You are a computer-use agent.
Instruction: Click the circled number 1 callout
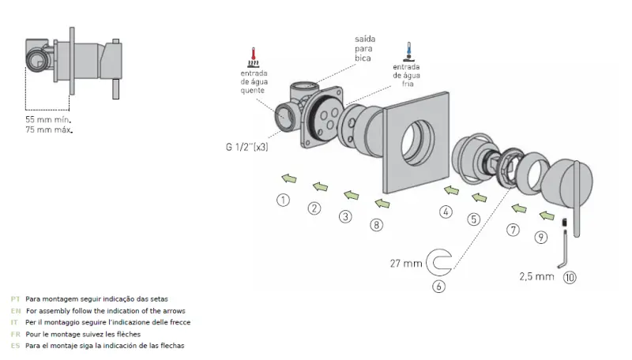[x=283, y=200]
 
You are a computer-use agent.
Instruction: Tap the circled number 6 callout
[x=439, y=286]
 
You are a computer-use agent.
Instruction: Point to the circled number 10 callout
[x=570, y=277]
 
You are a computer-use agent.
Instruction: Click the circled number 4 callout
[x=446, y=211]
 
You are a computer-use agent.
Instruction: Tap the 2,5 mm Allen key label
[x=536, y=277]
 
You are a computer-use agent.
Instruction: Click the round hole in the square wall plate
[x=415, y=143]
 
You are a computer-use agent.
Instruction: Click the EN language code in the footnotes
[x=15, y=311]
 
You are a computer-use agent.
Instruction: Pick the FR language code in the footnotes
[x=15, y=334]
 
